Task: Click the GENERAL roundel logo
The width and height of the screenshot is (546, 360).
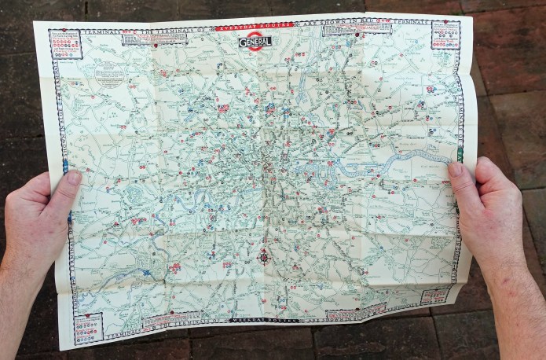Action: click(x=255, y=40)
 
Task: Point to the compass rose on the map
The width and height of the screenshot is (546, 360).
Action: click(x=265, y=256)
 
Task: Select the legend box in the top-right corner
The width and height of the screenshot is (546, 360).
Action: click(x=445, y=35)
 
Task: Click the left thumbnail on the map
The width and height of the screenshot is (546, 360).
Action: click(x=73, y=178)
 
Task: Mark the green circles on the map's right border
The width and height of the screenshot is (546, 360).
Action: click(x=460, y=154)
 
